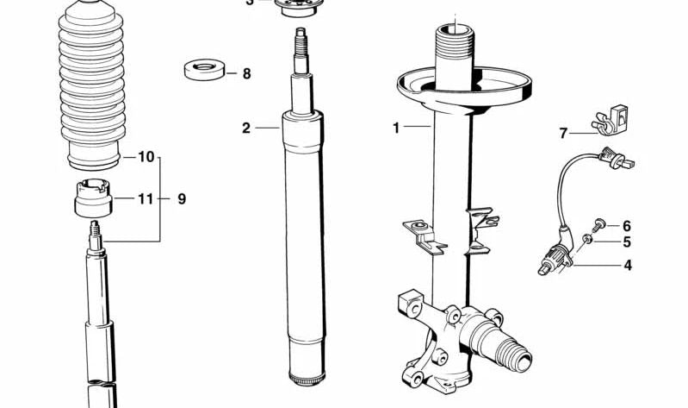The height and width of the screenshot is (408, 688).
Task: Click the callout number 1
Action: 396,129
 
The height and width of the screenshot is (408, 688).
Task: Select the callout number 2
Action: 246,129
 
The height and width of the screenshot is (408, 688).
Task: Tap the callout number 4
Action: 627,266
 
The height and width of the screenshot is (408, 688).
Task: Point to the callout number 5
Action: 627,242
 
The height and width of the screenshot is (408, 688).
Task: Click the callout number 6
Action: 627,225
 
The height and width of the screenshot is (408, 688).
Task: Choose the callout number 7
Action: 564,133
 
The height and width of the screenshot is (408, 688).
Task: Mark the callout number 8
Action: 246,74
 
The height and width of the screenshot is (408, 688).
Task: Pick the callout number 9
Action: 182,199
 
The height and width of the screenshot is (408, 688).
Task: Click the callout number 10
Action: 146,157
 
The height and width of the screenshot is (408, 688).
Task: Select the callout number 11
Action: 146,199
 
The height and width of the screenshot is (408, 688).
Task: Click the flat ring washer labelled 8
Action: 204,70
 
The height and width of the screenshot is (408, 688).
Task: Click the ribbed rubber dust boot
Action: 91,86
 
